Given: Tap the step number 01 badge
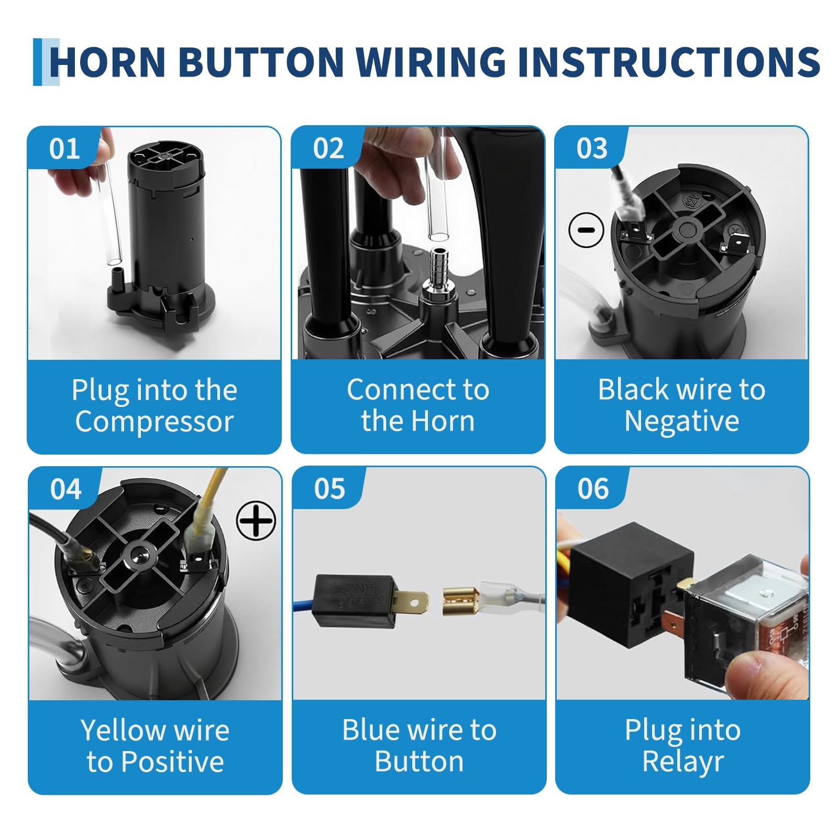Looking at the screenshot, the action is [x=64, y=148].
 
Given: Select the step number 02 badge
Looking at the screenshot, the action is [x=328, y=148].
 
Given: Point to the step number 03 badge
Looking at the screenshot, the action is [x=592, y=148].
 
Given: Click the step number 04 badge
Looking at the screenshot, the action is [x=66, y=489].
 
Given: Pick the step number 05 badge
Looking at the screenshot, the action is [x=329, y=489].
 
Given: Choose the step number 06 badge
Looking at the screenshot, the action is [x=593, y=489].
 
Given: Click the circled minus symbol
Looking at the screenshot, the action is [x=586, y=229].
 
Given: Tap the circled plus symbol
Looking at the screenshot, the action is [x=256, y=520].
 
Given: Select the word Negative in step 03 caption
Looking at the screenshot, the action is [x=682, y=421].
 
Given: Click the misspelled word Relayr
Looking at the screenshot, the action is [x=683, y=761].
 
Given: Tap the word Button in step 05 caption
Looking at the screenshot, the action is [x=419, y=761].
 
